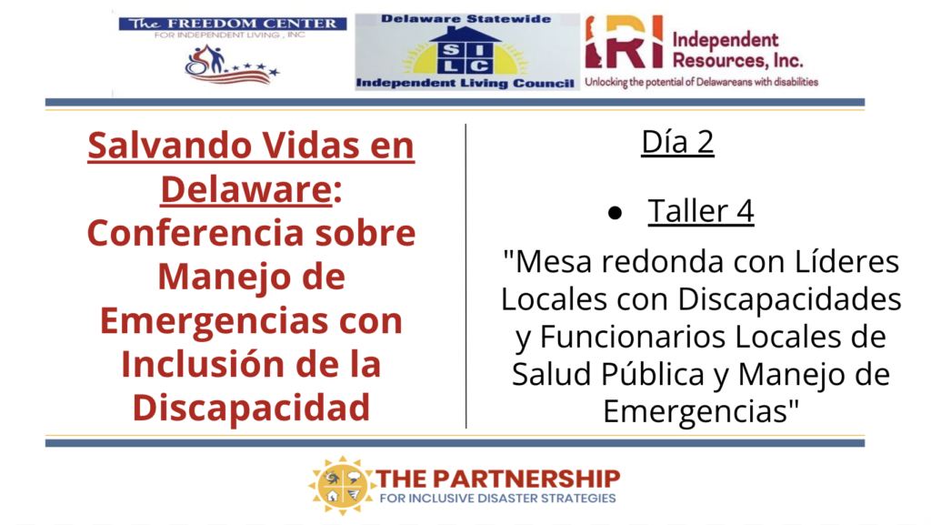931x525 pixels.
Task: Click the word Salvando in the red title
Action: click(x=164, y=146)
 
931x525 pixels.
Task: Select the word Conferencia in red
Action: click(x=195, y=233)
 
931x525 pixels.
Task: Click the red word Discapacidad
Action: click(x=251, y=408)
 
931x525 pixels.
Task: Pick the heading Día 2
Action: click(x=677, y=142)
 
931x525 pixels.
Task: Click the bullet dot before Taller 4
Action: click(x=616, y=213)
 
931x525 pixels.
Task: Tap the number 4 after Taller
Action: click(x=745, y=211)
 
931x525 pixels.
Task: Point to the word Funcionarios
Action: click(x=632, y=337)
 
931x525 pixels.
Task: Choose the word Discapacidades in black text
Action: click(x=789, y=299)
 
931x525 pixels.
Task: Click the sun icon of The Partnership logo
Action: click(x=342, y=485)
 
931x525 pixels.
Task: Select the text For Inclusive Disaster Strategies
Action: click(x=497, y=499)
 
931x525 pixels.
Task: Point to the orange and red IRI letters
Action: click(x=624, y=42)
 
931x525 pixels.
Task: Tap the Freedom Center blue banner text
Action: click(x=233, y=24)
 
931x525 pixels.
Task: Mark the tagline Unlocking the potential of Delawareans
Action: click(x=701, y=82)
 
